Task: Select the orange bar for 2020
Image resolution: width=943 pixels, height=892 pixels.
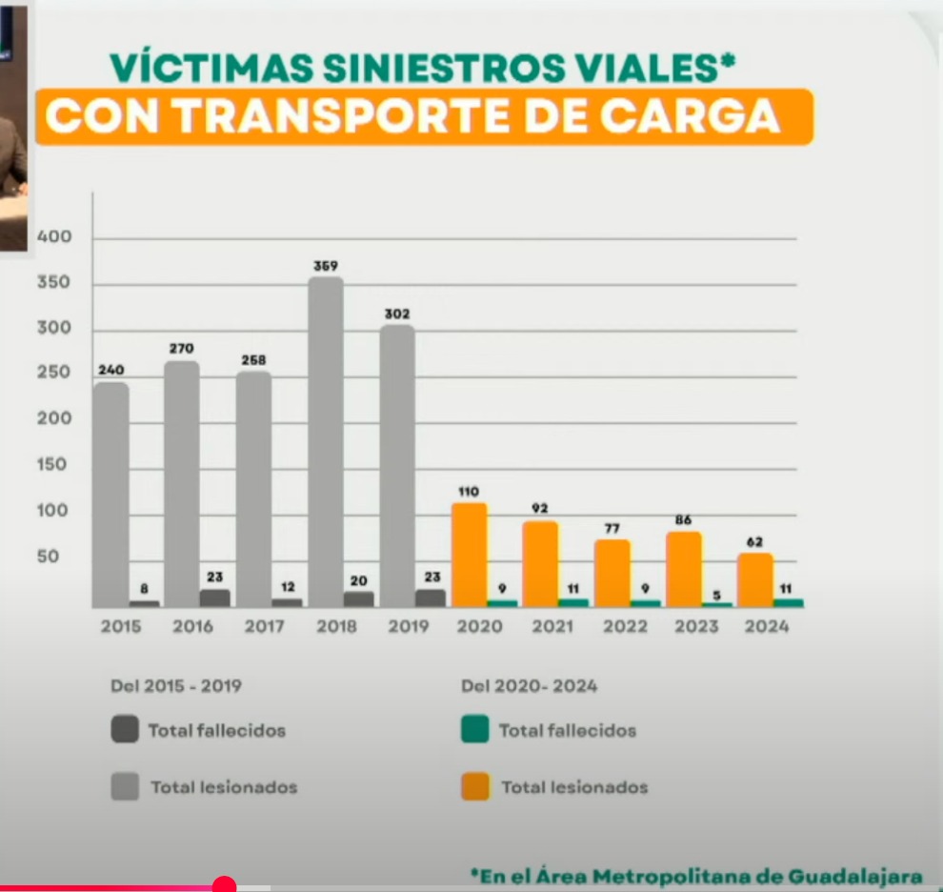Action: [469, 555]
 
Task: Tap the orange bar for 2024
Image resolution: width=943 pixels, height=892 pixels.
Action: [754, 579]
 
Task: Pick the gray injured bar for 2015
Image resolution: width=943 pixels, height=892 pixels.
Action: [110, 494]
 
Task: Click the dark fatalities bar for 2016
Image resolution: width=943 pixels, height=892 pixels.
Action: [214, 598]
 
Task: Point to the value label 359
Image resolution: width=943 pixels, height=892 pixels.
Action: [326, 266]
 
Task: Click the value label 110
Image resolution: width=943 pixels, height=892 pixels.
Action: [468, 493]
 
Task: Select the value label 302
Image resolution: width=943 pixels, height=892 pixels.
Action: [397, 314]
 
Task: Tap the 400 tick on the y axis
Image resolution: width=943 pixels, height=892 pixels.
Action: [54, 236]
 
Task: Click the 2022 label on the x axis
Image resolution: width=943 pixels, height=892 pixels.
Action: [624, 627]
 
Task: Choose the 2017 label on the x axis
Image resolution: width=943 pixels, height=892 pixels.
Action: [264, 627]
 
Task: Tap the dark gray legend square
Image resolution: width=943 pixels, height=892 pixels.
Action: [124, 730]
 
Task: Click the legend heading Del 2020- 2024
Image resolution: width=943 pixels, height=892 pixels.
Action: [529, 686]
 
